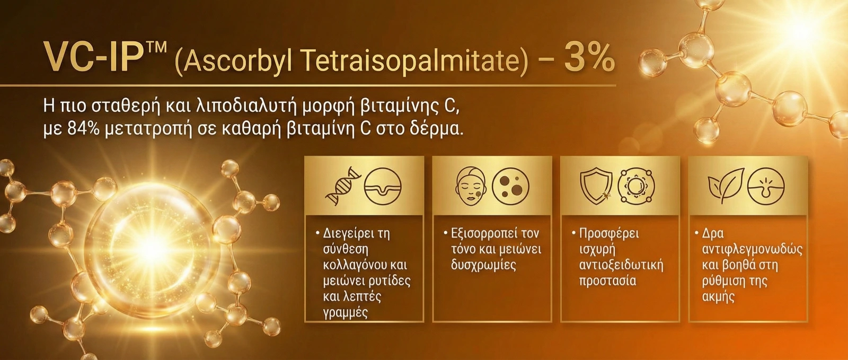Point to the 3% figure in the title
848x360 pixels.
(589, 57)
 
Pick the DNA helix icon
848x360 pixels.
(343, 186)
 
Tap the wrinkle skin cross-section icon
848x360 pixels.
(383, 186)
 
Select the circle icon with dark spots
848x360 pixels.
(510, 186)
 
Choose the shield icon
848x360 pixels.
(596, 186)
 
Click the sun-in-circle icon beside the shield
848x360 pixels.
(636, 186)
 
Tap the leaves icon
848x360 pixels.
(726, 186)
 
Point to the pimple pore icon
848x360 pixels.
(766, 186)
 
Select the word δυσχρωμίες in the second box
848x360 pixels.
(483, 266)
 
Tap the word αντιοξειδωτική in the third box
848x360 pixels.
(621, 266)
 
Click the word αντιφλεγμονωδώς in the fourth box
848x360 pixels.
(752, 250)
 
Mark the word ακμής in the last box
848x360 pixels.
(718, 297)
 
